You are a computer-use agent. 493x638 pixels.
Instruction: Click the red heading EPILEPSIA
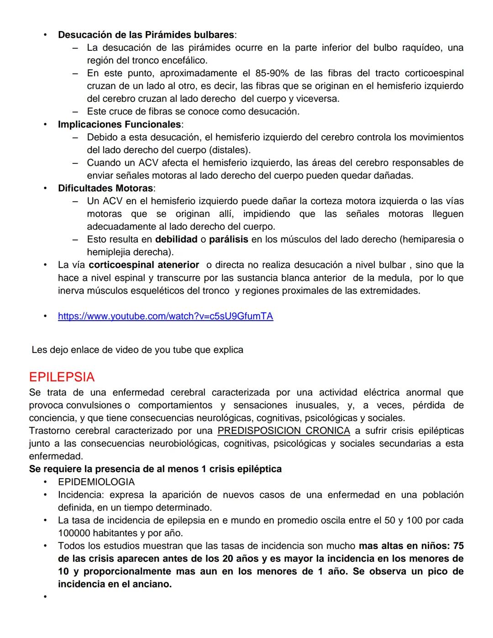click(x=62, y=377)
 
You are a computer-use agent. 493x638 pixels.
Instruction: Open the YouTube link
click(x=165, y=316)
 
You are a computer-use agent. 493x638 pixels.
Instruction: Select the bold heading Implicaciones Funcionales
click(x=119, y=124)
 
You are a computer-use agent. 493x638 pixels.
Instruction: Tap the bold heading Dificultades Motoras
click(x=105, y=188)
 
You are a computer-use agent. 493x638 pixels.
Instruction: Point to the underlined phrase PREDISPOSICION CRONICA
click(x=283, y=431)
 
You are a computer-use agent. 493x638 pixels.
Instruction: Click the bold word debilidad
click(x=176, y=239)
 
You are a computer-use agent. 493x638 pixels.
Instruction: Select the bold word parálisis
click(x=228, y=239)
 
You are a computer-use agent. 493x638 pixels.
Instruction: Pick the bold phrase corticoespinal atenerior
click(x=144, y=265)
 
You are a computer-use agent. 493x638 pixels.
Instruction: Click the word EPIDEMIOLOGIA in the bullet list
click(x=96, y=482)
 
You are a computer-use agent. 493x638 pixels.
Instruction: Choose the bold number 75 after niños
click(x=458, y=546)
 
